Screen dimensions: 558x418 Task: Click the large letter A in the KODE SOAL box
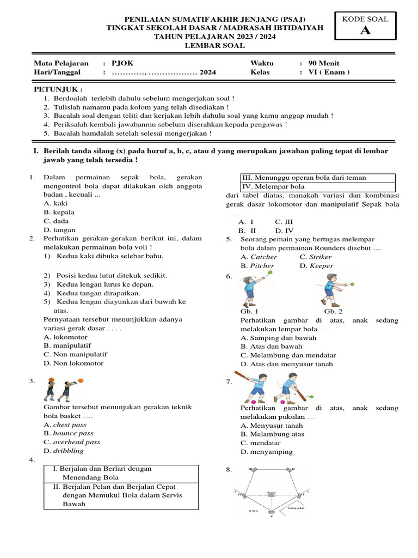pos(365,31)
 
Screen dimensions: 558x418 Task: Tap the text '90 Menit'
pos(323,63)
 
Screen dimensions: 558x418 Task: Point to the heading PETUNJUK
pos(58,89)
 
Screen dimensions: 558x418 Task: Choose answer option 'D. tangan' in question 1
pos(59,229)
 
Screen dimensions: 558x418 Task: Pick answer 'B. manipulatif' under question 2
pos(67,345)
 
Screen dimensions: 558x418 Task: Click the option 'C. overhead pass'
pos(72,442)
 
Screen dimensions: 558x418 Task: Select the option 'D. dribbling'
pos(64,451)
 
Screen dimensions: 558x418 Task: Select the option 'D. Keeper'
pos(316,266)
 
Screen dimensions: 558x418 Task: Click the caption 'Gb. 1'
pos(249,312)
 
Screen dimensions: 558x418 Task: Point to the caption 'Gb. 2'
pos(333,312)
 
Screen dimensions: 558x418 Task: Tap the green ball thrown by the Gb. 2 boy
pos(352,283)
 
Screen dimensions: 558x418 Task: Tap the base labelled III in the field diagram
pos(254,470)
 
